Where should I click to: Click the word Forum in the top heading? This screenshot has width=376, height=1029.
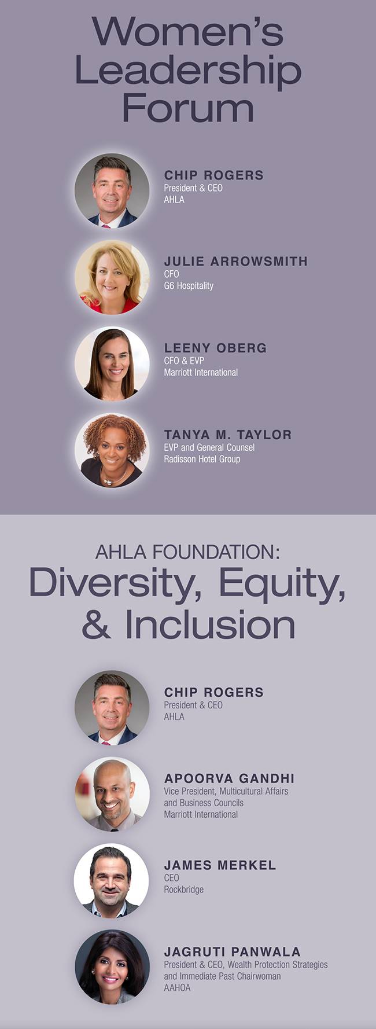click(x=188, y=108)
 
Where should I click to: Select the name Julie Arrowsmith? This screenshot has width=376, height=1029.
click(x=235, y=261)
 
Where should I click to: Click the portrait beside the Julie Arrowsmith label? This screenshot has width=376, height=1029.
click(x=112, y=277)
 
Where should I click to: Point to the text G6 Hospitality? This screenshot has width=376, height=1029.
click(x=189, y=286)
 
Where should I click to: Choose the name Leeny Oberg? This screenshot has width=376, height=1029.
click(x=215, y=348)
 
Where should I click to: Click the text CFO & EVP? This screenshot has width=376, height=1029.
click(x=184, y=361)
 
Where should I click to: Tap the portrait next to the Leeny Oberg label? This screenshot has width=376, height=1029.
click(x=112, y=364)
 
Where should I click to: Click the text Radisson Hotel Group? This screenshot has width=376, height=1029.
click(x=202, y=459)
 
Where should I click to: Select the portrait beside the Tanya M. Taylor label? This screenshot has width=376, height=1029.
click(x=112, y=450)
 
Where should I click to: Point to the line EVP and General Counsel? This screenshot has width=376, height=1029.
click(x=209, y=447)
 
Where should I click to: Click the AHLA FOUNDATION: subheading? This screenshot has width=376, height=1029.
click(x=188, y=552)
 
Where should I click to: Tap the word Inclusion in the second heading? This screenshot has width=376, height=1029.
click(x=210, y=625)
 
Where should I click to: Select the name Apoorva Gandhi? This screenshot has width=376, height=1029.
click(x=229, y=778)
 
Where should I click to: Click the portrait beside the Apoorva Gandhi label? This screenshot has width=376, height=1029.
click(x=112, y=794)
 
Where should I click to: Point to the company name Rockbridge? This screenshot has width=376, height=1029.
click(x=184, y=890)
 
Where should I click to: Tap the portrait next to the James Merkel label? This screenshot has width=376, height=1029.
click(x=112, y=881)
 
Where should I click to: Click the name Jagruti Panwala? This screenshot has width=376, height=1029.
click(x=232, y=952)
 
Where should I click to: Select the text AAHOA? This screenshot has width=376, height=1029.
click(x=177, y=988)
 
